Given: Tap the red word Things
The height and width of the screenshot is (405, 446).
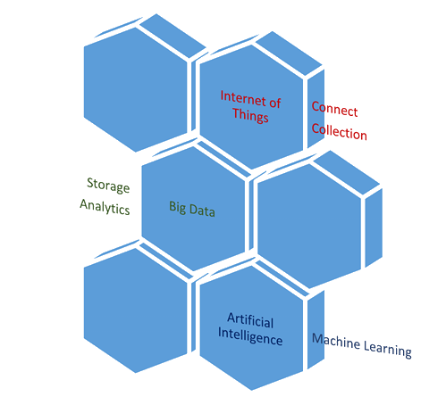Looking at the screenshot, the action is (x=250, y=115).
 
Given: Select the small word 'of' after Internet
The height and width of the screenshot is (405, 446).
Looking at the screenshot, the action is (x=275, y=103).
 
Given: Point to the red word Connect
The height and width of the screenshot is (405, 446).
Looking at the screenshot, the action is (x=334, y=109).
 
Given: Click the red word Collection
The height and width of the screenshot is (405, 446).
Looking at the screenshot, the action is (x=339, y=131).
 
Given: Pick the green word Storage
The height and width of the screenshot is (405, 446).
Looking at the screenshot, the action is (x=108, y=186).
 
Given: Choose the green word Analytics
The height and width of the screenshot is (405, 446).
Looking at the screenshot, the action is (x=105, y=207).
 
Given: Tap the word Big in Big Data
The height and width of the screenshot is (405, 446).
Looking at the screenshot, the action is (x=178, y=207).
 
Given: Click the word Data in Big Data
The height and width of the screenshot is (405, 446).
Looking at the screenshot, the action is (x=202, y=211).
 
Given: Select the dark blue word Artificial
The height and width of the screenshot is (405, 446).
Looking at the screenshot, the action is (x=250, y=320).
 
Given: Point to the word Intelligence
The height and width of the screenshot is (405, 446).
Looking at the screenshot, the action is (x=250, y=337).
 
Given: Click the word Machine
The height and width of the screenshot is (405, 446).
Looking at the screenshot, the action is (x=336, y=342).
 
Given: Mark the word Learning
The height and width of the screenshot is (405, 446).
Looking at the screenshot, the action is (x=388, y=349).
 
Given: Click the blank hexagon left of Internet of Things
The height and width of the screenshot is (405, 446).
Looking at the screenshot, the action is (x=136, y=90).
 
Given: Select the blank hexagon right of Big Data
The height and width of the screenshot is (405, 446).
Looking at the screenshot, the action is (x=309, y=226).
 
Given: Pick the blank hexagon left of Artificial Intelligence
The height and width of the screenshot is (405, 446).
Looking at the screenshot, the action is (x=136, y=310).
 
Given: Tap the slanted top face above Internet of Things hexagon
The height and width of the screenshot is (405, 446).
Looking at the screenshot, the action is (x=289, y=53).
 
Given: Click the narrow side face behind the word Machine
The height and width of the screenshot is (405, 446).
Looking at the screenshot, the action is (x=316, y=329).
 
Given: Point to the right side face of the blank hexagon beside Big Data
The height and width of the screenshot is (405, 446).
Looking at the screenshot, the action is (x=374, y=227).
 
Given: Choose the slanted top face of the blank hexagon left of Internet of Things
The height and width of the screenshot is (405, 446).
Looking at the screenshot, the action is (x=173, y=36).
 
